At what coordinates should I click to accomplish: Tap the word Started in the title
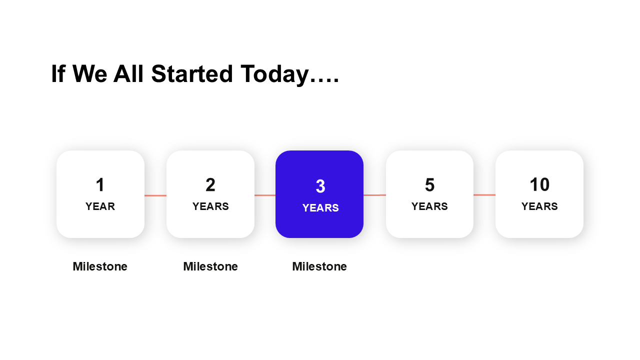(192, 73)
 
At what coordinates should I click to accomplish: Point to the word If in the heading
(58, 73)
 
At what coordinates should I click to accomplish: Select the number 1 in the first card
(100, 184)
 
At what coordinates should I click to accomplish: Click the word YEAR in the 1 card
(100, 206)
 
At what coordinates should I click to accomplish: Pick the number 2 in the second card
(210, 184)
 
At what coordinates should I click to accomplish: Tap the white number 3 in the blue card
(320, 186)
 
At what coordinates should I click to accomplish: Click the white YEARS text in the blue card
(320, 207)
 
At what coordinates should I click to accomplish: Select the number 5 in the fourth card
(429, 184)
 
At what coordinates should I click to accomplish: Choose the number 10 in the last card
(539, 184)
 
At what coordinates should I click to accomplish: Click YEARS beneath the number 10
(539, 206)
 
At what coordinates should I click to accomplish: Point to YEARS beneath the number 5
(429, 206)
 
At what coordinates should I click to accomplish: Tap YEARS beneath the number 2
(210, 206)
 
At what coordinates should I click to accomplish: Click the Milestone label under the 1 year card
(100, 266)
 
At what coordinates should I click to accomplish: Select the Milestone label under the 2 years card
(210, 266)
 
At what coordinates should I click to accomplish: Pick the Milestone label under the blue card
(319, 266)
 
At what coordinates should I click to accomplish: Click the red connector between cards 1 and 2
(155, 195)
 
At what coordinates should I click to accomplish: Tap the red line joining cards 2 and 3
(265, 195)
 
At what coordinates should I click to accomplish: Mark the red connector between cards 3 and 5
(375, 195)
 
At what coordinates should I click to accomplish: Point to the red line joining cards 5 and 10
(484, 195)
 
